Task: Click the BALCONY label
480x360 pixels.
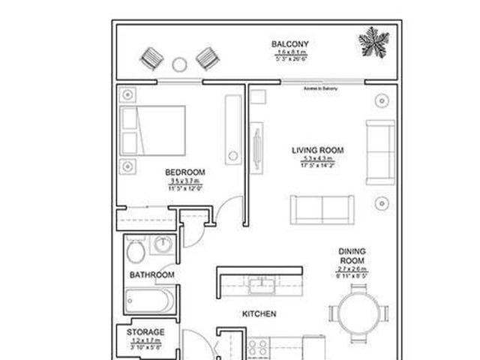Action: tap(289, 44)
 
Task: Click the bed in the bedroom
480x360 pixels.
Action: tap(152, 130)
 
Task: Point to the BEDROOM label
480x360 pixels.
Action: tap(184, 172)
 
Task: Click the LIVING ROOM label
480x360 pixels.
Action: tap(317, 151)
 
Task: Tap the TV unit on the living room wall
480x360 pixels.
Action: tap(258, 146)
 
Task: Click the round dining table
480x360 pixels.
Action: tap(357, 312)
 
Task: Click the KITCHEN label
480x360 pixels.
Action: tap(259, 313)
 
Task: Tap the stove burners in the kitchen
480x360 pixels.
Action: tap(259, 347)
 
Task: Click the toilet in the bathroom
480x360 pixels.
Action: tap(136, 249)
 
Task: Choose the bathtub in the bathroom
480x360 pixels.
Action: tap(150, 300)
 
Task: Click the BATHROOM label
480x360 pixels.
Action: tap(151, 275)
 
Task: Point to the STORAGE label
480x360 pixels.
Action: tap(145, 331)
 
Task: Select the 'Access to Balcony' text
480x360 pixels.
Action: tap(320, 89)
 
